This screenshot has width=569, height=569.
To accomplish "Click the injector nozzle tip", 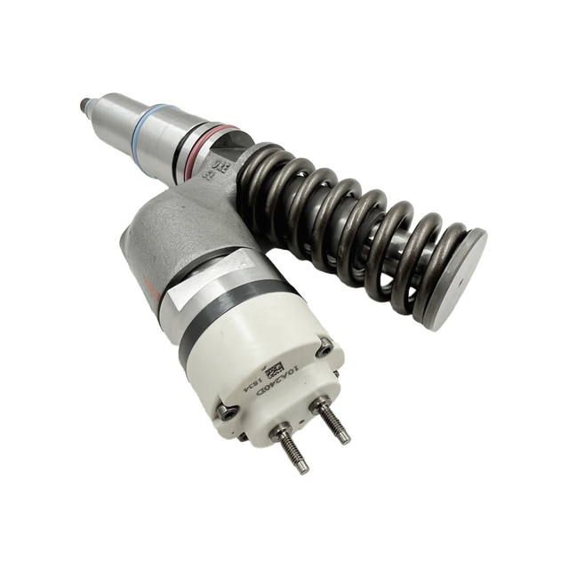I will (x=85, y=106).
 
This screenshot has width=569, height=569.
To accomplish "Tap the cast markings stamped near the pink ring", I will (x=213, y=169).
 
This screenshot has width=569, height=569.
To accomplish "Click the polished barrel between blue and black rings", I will (x=178, y=133).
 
